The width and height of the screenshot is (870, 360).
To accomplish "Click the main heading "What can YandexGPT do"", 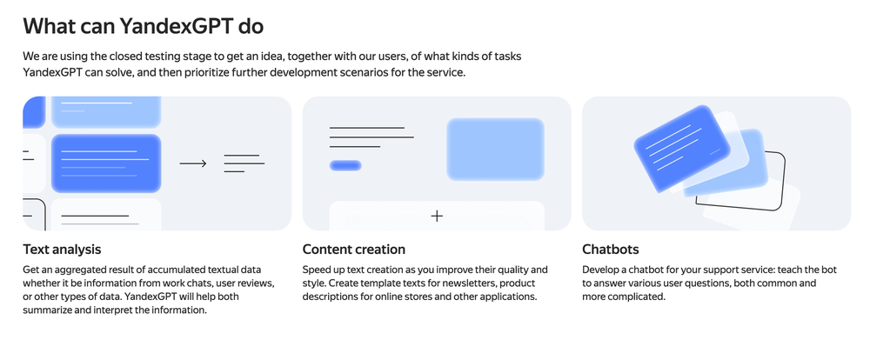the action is [x=144, y=26].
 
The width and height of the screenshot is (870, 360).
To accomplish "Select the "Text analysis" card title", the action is [x=62, y=249].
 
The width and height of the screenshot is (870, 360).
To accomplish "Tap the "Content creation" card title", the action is [x=354, y=249].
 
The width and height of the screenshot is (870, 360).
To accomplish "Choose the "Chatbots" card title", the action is [x=611, y=249].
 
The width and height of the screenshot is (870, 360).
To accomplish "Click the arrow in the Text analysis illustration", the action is [x=193, y=163].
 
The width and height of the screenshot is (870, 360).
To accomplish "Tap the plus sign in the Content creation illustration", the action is [x=438, y=216].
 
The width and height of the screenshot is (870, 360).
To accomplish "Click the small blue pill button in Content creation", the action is [x=345, y=165].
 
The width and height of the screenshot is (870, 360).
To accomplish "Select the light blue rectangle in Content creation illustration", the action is [x=496, y=150].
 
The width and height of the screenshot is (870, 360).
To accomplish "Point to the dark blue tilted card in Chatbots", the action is [x=682, y=149].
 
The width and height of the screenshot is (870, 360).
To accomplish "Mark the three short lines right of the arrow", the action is [x=244, y=163].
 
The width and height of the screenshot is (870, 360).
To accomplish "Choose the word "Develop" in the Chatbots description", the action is [x=599, y=270].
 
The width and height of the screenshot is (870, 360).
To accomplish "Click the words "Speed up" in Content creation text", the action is [x=323, y=270].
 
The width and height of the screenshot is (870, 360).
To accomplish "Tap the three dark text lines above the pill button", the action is [x=371, y=137].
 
